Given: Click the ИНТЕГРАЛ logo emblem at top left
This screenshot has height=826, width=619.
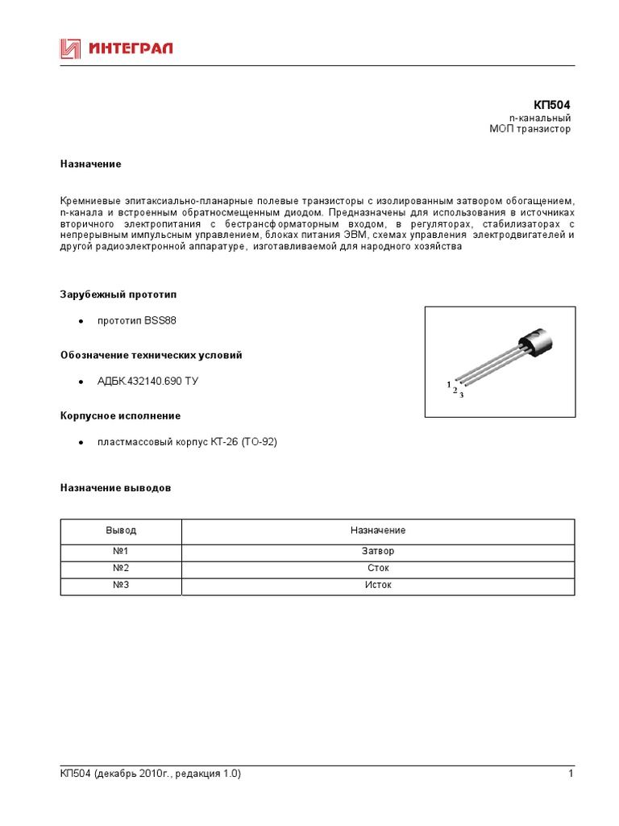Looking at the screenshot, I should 71,50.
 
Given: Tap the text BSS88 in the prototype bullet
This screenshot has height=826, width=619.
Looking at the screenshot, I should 160,321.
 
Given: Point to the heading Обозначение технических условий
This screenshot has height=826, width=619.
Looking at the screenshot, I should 151,355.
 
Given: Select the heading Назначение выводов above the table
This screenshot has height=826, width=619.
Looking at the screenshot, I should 115,488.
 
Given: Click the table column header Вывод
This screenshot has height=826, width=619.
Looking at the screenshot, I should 121,531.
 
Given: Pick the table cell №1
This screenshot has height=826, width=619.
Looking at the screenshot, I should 121,552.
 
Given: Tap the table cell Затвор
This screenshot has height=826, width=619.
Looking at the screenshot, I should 378,552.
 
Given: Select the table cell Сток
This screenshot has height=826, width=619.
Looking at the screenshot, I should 378,568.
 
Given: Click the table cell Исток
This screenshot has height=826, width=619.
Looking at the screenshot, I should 378,585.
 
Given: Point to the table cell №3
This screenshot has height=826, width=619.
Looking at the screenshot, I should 121,585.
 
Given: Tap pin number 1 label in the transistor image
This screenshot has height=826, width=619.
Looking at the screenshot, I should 449,385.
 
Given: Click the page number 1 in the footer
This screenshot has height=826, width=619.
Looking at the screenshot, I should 570,774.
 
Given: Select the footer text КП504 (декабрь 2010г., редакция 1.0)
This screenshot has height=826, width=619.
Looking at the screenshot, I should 150,774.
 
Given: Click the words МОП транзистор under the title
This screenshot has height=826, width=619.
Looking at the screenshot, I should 530,130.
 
